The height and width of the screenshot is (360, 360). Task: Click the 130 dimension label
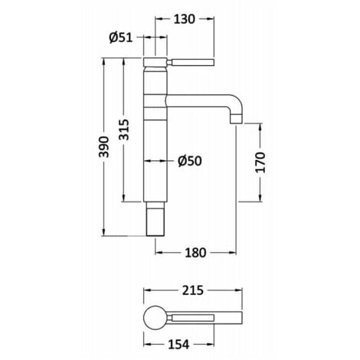coord(184,19)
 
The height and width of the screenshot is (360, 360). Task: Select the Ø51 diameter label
coord(121,38)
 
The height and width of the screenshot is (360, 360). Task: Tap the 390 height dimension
coord(104,147)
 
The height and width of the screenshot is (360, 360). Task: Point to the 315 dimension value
coord(124,129)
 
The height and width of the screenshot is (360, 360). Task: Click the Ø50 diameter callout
coord(190,161)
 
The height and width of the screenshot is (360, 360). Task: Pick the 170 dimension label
coord(260,162)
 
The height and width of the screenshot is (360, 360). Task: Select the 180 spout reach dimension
coord(195,253)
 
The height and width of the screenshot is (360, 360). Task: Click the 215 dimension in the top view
coord(193,290)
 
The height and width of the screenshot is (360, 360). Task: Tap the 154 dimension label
coord(178,345)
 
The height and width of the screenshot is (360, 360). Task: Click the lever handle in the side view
coord(191,62)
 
